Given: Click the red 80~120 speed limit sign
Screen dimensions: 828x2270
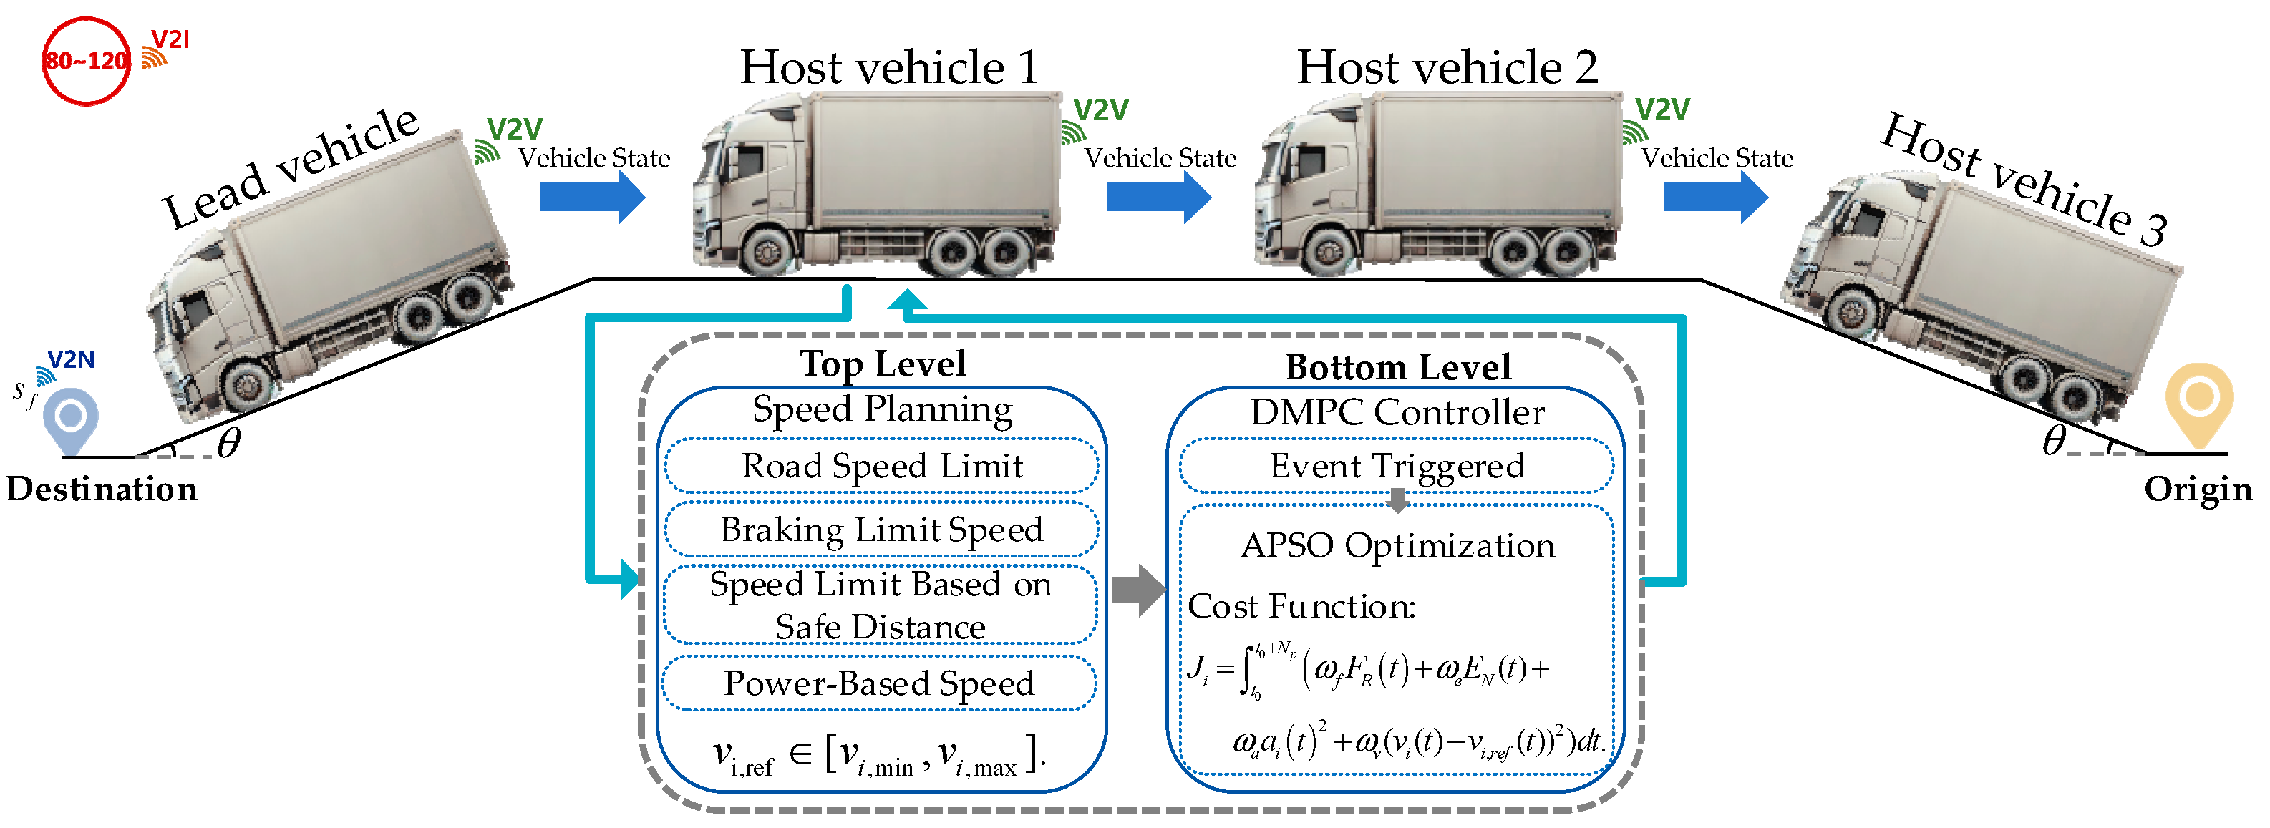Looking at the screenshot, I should pyautogui.click(x=87, y=61).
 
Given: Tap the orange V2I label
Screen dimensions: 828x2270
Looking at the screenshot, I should pyautogui.click(x=170, y=39).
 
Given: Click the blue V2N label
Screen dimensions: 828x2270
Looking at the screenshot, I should pyautogui.click(x=70, y=359).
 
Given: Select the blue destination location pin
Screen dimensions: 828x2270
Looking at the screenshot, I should pyautogui.click(x=70, y=420).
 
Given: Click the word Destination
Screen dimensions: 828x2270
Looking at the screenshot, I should pyautogui.click(x=102, y=489).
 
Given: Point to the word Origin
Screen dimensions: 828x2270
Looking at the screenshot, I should pyautogui.click(x=2198, y=489).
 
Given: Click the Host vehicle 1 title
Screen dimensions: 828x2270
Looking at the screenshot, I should pyautogui.click(x=889, y=67).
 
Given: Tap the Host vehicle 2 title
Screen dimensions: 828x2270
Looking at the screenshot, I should pyautogui.click(x=1447, y=67).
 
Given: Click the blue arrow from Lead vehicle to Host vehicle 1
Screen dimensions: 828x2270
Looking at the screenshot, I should pyautogui.click(x=592, y=196).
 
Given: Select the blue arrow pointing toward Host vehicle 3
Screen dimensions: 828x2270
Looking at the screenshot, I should pyautogui.click(x=1714, y=196).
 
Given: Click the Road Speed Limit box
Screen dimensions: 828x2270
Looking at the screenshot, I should pyautogui.click(x=881, y=466).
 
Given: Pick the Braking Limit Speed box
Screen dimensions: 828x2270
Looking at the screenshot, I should pyautogui.click(x=881, y=530).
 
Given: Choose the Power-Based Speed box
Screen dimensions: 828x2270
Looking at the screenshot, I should pyautogui.click(x=880, y=683).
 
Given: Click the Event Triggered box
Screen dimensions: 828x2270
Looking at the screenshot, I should pyautogui.click(x=1397, y=466).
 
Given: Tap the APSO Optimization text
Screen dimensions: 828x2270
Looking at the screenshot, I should pyautogui.click(x=1397, y=545).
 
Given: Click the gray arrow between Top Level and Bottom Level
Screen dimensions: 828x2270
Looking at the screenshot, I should pyautogui.click(x=1138, y=589).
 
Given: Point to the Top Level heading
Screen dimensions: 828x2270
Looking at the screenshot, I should pyautogui.click(x=882, y=364).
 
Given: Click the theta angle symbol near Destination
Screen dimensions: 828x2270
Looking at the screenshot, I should pyautogui.click(x=228, y=442).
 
